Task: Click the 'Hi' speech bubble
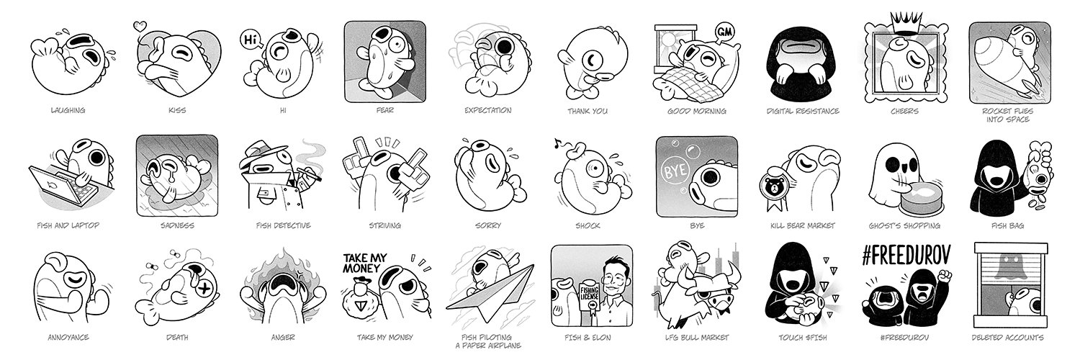click(x=251, y=40)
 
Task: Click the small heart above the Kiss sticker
click(x=140, y=25)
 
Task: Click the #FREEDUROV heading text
click(x=906, y=256)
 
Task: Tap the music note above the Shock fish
click(x=558, y=142)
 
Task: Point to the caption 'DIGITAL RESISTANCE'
click(x=803, y=111)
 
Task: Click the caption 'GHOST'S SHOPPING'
click(x=904, y=225)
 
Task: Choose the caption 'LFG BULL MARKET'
click(x=697, y=338)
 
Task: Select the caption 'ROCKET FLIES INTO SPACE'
click(x=1008, y=115)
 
